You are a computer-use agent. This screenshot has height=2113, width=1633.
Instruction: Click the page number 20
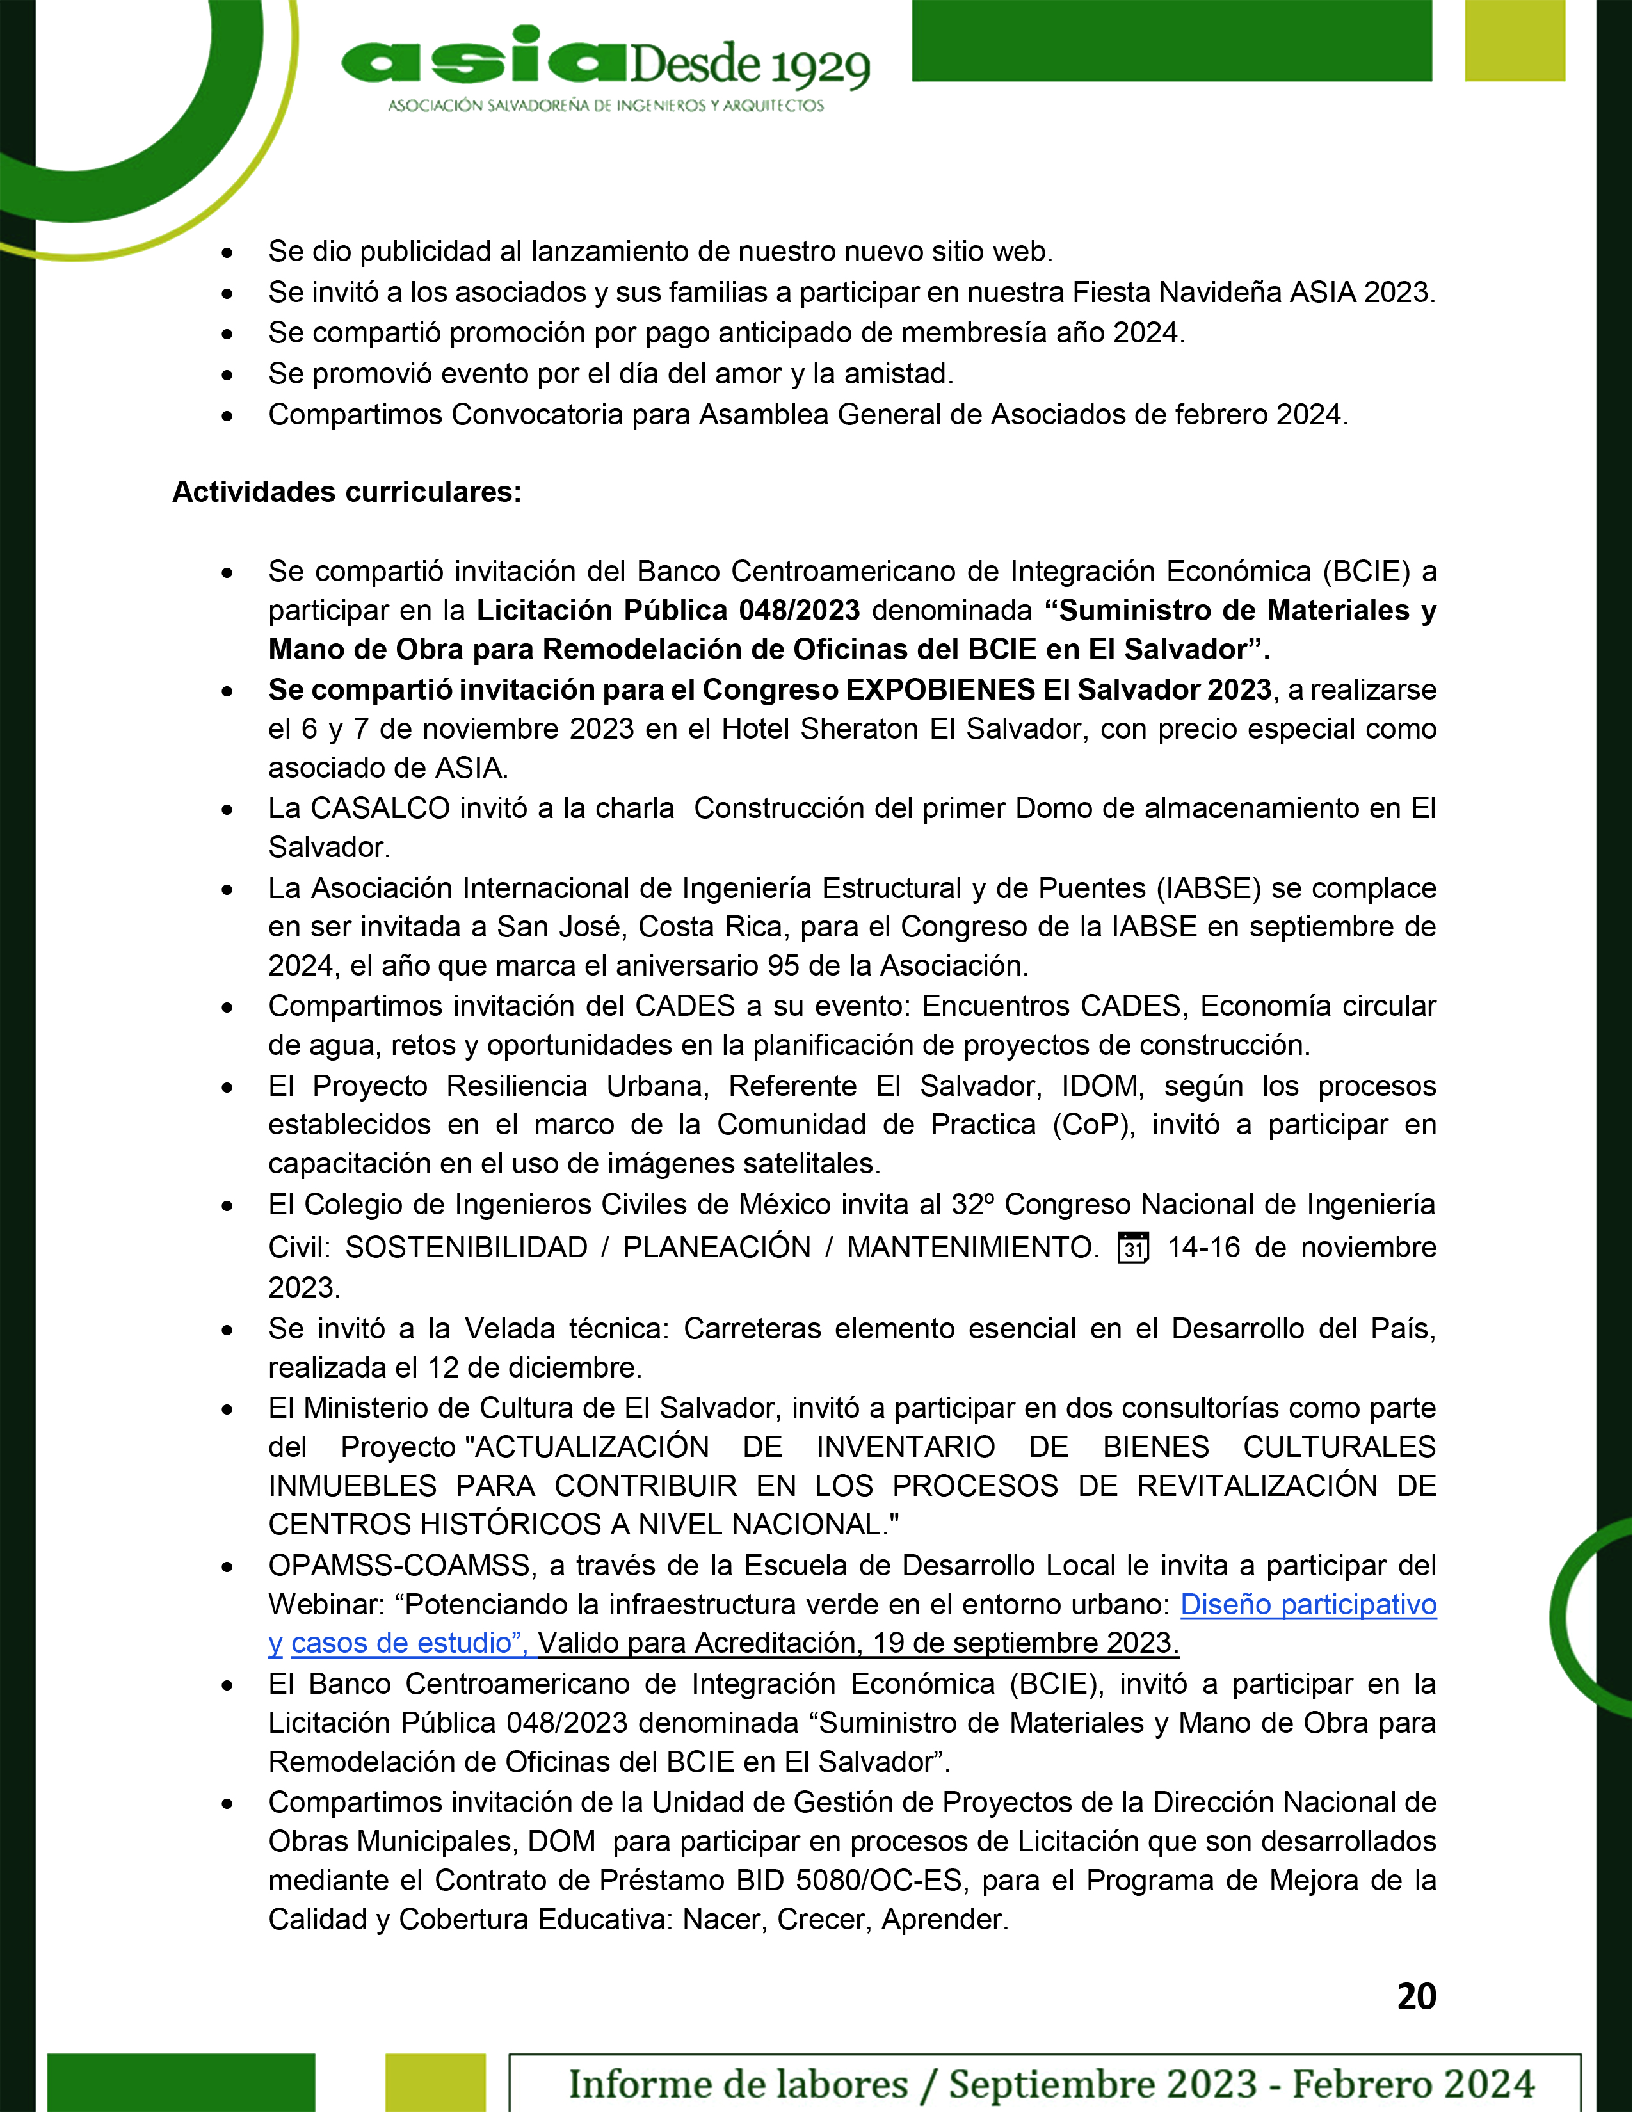coord(1416,1996)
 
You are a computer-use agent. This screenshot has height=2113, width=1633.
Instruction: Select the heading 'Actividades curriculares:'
coord(346,492)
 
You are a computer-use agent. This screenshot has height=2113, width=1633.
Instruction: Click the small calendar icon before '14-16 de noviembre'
coord(1133,1248)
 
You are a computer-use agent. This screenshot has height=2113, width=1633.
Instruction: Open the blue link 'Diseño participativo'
coord(1308,1604)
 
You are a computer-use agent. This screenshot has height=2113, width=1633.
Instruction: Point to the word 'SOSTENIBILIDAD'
coord(466,1248)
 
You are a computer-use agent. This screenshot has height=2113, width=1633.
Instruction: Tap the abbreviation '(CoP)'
coord(1093,1124)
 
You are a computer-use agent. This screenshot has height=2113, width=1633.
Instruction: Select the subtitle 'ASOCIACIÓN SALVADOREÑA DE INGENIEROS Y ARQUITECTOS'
coord(606,106)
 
